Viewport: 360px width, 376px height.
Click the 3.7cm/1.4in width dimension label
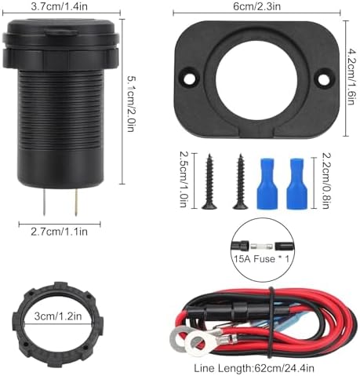coord(59,6)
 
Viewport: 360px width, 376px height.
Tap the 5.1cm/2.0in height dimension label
coord(131,104)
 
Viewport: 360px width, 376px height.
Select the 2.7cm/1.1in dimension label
coord(59,232)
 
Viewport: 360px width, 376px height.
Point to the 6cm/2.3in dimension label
coord(256,6)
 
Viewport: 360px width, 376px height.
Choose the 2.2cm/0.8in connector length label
coord(325,181)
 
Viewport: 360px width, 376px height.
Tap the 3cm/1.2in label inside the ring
coord(58,316)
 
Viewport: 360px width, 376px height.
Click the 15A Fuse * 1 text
coord(261,259)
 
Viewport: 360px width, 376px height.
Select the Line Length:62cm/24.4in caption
coord(254,368)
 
